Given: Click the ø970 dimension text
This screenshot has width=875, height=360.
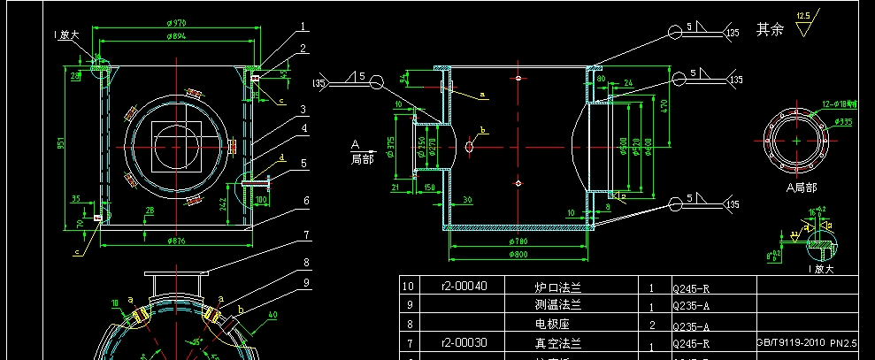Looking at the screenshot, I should click(x=177, y=24).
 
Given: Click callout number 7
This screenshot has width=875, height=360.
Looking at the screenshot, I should click(x=305, y=236).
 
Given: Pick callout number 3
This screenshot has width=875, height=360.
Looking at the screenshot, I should click(x=302, y=110).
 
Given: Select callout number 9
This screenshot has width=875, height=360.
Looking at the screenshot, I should click(x=305, y=282).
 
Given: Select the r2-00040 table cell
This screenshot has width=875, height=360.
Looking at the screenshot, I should click(x=462, y=286).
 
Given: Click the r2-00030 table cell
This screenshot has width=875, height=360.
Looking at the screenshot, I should click(x=462, y=341).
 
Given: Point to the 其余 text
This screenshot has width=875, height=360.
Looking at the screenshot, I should click(x=770, y=30).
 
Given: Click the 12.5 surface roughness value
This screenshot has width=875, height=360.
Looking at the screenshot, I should click(x=803, y=16).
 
